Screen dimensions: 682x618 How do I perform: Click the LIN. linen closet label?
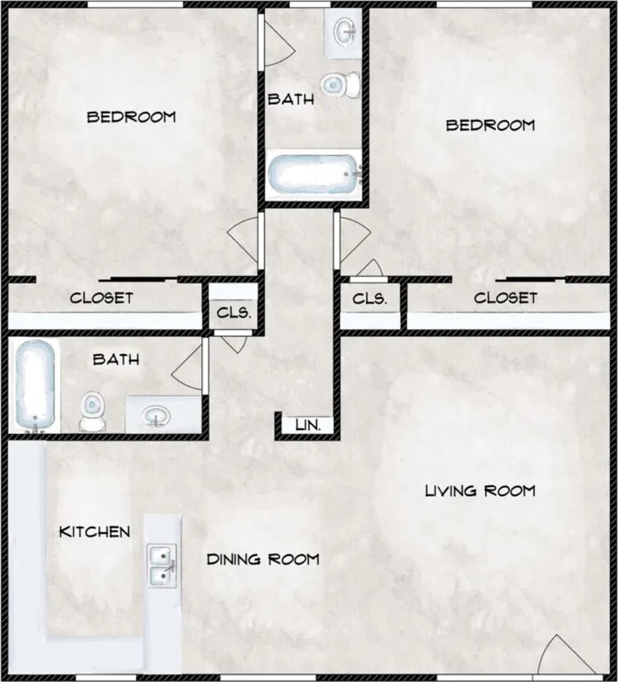[308, 425]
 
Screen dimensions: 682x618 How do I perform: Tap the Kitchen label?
[95, 532]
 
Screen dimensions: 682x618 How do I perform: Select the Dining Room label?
[262, 559]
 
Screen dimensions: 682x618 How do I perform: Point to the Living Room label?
[480, 491]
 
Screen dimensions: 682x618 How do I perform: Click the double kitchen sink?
[162, 565]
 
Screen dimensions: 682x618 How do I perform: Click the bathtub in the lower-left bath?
[34, 385]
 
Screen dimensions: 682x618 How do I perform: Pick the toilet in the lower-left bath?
[93, 411]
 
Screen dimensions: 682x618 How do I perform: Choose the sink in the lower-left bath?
[156, 416]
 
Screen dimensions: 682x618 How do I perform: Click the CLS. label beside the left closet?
[233, 312]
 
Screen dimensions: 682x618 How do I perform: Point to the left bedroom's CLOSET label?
[101, 297]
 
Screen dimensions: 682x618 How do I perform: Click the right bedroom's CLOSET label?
[505, 297]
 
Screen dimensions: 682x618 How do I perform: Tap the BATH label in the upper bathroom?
[290, 99]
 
